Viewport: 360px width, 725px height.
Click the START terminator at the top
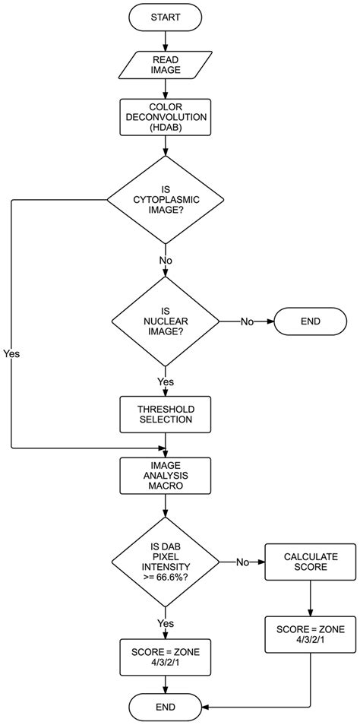[165, 17]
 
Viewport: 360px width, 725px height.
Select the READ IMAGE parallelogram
[165, 66]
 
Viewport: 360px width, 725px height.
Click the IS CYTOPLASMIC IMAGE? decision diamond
[165, 200]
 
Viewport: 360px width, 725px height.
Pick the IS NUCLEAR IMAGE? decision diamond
[165, 322]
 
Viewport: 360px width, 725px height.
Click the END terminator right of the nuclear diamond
[310, 321]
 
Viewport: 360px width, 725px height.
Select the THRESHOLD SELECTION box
[165, 413]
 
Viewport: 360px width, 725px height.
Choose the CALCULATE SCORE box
[310, 562]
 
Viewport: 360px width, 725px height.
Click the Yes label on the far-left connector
[12, 354]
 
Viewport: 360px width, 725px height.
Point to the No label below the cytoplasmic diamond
[165, 260]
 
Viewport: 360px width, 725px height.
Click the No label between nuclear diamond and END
[247, 321]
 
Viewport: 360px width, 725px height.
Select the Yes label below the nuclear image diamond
[165, 381]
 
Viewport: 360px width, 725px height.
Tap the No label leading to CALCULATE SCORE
[242, 562]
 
